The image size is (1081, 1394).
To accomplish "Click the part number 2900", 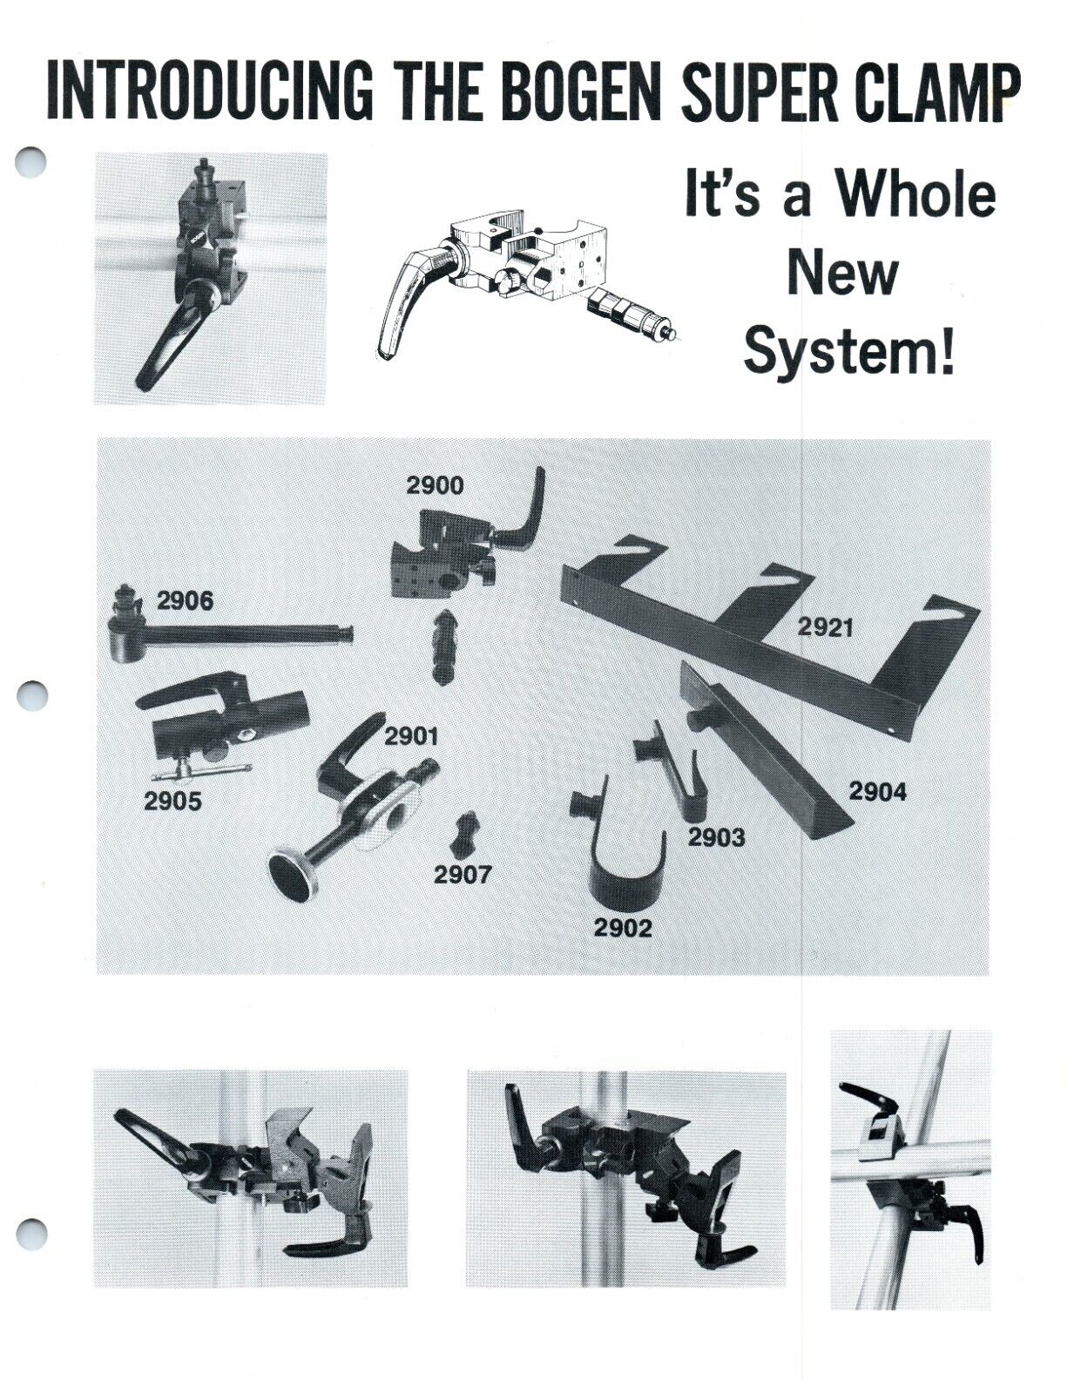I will point(435,485).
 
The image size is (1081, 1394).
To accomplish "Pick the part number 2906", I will point(185,600).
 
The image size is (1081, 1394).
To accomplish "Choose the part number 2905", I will point(172,802).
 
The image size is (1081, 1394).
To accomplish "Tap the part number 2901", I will point(411,736).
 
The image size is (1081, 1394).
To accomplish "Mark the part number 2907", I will point(463,874).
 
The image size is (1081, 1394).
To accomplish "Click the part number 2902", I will point(623,928).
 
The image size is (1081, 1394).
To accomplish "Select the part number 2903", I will point(716,837).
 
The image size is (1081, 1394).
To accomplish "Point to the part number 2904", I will point(877,791).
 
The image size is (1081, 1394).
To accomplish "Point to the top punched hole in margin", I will point(31,161).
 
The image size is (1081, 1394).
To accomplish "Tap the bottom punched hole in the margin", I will point(31,1234).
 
